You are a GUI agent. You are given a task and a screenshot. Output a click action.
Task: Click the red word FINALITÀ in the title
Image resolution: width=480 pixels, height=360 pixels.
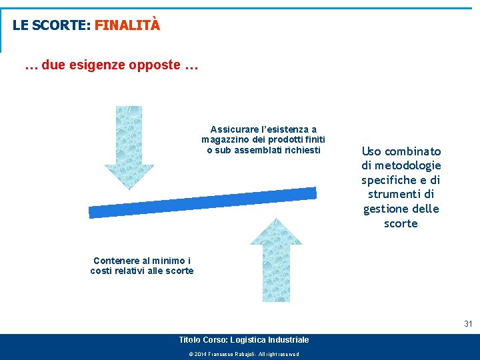127,25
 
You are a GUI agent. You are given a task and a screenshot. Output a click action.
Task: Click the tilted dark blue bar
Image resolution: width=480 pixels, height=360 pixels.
203,203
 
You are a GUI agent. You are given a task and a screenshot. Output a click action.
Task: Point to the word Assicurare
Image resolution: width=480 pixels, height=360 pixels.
233,129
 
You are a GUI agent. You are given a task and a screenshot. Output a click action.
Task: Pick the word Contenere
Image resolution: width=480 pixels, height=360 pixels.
116,261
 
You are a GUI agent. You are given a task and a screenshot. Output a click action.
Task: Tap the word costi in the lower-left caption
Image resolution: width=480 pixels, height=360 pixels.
103,271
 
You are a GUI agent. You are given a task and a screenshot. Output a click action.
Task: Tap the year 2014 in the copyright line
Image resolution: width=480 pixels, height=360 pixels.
201,354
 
